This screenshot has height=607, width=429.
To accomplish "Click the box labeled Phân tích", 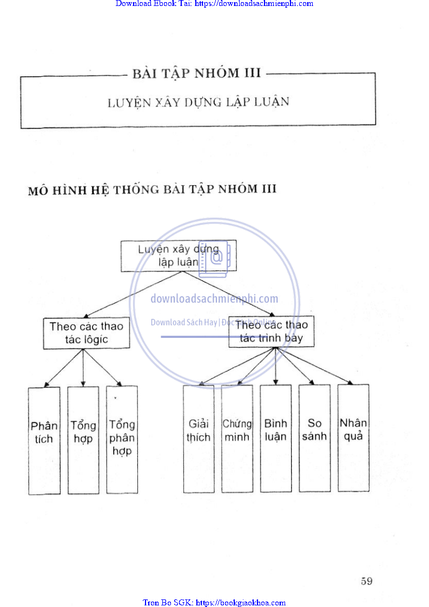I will [44, 439].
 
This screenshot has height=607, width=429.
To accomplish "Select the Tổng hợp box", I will [83, 439].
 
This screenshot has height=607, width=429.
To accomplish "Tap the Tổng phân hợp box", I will [122, 439].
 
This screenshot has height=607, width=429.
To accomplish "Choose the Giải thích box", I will [199, 438].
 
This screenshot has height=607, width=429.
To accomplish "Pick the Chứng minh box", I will [237, 438].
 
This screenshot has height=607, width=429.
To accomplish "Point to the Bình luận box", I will [276, 438].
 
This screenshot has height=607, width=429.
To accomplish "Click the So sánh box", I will [314, 438].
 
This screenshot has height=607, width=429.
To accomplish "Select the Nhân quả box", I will [353, 438].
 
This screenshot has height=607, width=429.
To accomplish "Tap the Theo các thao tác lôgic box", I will [87, 333].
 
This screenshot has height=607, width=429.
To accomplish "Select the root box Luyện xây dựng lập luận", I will [179, 256].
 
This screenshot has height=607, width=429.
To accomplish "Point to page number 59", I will [366, 581].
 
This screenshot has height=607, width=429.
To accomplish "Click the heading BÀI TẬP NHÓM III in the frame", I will [197, 73].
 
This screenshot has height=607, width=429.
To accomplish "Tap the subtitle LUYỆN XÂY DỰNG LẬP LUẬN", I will [198, 102].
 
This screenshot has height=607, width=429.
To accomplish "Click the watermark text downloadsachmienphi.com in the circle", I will [214, 298].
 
